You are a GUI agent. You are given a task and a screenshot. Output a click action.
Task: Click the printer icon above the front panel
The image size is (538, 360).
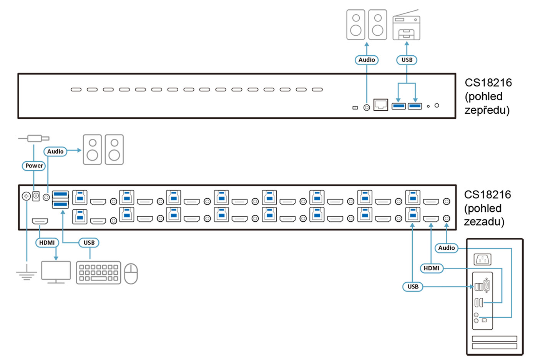pos(406,26)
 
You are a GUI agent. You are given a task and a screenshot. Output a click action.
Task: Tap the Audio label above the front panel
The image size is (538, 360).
pos(367,60)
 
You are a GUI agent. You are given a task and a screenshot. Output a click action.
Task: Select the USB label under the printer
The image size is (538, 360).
pos(407,60)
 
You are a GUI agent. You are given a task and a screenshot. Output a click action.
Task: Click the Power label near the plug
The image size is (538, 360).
pos(34,166)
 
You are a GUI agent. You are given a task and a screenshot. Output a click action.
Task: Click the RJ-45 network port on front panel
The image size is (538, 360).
pos(380,105)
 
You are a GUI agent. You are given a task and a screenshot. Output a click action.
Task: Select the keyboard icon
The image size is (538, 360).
pos(98,272)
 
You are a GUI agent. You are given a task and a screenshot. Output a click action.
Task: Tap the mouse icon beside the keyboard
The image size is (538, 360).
pos(131,274)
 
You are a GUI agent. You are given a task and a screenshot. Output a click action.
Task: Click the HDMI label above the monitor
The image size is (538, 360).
pos(47,242)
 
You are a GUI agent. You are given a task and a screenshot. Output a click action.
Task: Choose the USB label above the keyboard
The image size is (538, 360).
pos(89,242)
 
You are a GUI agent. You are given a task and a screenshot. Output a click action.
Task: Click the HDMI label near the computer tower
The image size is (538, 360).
pos(432,268)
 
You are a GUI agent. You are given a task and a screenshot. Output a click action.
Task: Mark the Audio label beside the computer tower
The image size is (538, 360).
pos(447,248)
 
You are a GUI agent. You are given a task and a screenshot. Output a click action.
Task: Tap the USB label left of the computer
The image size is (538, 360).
pos(413,287)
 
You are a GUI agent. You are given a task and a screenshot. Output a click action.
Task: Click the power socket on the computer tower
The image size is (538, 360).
pos(483,260)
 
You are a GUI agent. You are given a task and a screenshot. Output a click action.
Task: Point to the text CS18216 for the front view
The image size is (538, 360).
pos(488,83)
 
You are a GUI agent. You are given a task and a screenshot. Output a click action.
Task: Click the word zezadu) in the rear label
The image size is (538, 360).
pos(484,222)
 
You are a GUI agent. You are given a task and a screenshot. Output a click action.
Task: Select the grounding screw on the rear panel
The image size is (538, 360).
pos(26,196)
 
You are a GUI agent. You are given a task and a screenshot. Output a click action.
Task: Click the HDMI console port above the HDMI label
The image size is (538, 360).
pos(40,221)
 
